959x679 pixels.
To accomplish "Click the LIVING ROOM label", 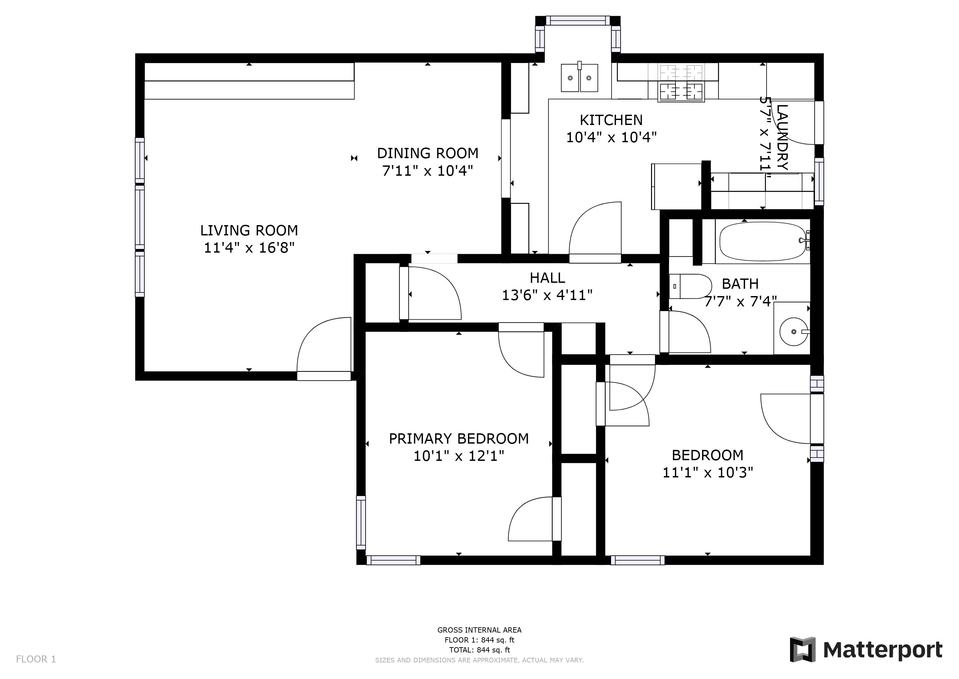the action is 249,230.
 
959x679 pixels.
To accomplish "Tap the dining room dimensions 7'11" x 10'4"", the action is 428,171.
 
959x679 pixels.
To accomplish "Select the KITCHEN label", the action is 611,120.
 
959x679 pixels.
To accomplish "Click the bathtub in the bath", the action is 764,241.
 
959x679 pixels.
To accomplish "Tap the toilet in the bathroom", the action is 690,286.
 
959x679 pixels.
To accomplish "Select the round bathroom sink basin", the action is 794,332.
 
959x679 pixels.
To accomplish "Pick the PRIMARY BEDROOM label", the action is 459,439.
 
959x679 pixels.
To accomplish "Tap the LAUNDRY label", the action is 782,137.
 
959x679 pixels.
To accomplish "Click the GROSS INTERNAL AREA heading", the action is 479,630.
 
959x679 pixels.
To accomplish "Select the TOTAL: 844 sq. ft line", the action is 479,650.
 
